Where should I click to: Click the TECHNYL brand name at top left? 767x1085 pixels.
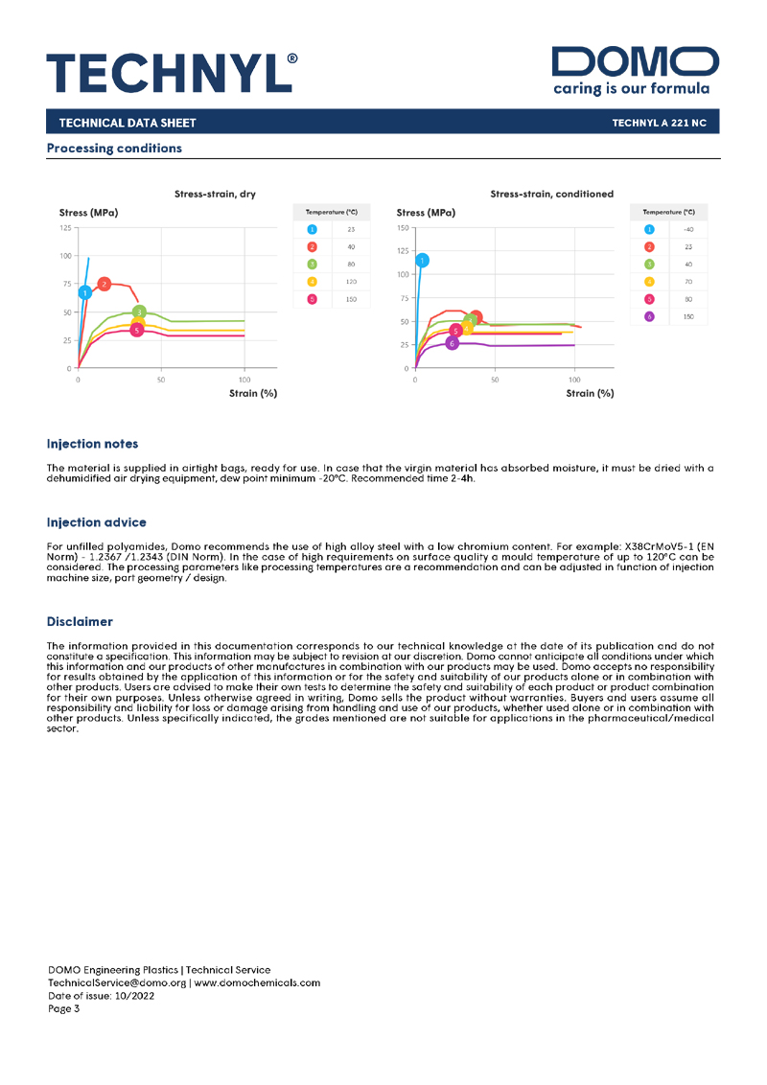[172, 73]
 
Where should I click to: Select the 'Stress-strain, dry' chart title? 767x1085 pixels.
[215, 194]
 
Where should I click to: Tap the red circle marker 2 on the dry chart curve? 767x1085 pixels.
[104, 284]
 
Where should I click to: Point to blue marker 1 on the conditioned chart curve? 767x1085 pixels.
[422, 260]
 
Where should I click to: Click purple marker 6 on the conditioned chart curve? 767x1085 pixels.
[453, 342]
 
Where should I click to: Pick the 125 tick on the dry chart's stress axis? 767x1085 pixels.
[65, 228]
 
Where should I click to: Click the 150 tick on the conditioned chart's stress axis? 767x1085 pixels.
[403, 228]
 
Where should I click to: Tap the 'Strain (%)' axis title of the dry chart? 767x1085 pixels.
[253, 393]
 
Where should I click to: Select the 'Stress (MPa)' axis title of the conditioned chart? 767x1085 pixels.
[426, 212]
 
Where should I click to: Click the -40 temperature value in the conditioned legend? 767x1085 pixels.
[687, 230]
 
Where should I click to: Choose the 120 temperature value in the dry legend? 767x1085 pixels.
[351, 282]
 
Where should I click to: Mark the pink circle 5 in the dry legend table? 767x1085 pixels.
[312, 299]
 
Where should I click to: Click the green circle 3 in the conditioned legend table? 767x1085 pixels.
[649, 265]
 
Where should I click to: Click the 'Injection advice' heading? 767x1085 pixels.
[96, 522]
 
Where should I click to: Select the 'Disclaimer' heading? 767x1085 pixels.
[80, 622]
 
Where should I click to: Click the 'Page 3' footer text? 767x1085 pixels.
[64, 1007]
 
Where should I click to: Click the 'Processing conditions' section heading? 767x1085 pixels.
[113, 149]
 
